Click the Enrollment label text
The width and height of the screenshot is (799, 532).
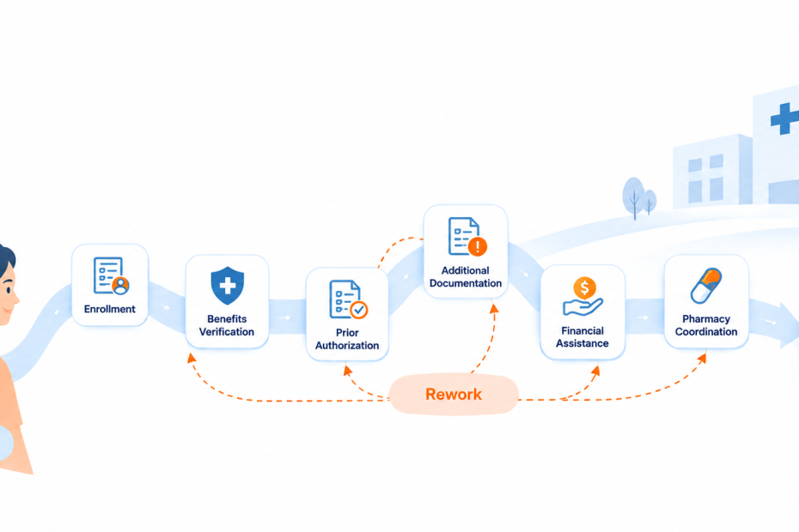[110, 309]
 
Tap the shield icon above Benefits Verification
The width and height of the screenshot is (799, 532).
[228, 286]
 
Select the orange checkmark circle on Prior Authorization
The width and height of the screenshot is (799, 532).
[359, 309]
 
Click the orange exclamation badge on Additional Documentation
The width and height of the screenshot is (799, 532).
[478, 246]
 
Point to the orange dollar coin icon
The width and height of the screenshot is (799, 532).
[584, 287]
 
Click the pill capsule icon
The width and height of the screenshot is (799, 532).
[705, 286]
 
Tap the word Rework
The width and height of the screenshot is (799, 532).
[454, 395]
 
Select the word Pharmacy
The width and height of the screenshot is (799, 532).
[706, 318]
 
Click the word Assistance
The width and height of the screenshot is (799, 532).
[582, 343]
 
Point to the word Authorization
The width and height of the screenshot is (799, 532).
[347, 345]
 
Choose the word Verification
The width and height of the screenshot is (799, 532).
[227, 331]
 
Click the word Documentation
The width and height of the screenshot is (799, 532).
[466, 283]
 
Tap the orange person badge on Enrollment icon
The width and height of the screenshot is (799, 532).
[121, 286]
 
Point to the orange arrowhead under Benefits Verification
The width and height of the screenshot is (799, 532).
[191, 358]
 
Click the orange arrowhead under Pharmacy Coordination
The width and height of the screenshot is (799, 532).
[702, 359]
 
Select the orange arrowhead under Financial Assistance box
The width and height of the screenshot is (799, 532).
[595, 371]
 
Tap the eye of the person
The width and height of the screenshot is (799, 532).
[8, 290]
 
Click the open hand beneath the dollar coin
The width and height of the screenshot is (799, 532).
[582, 307]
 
